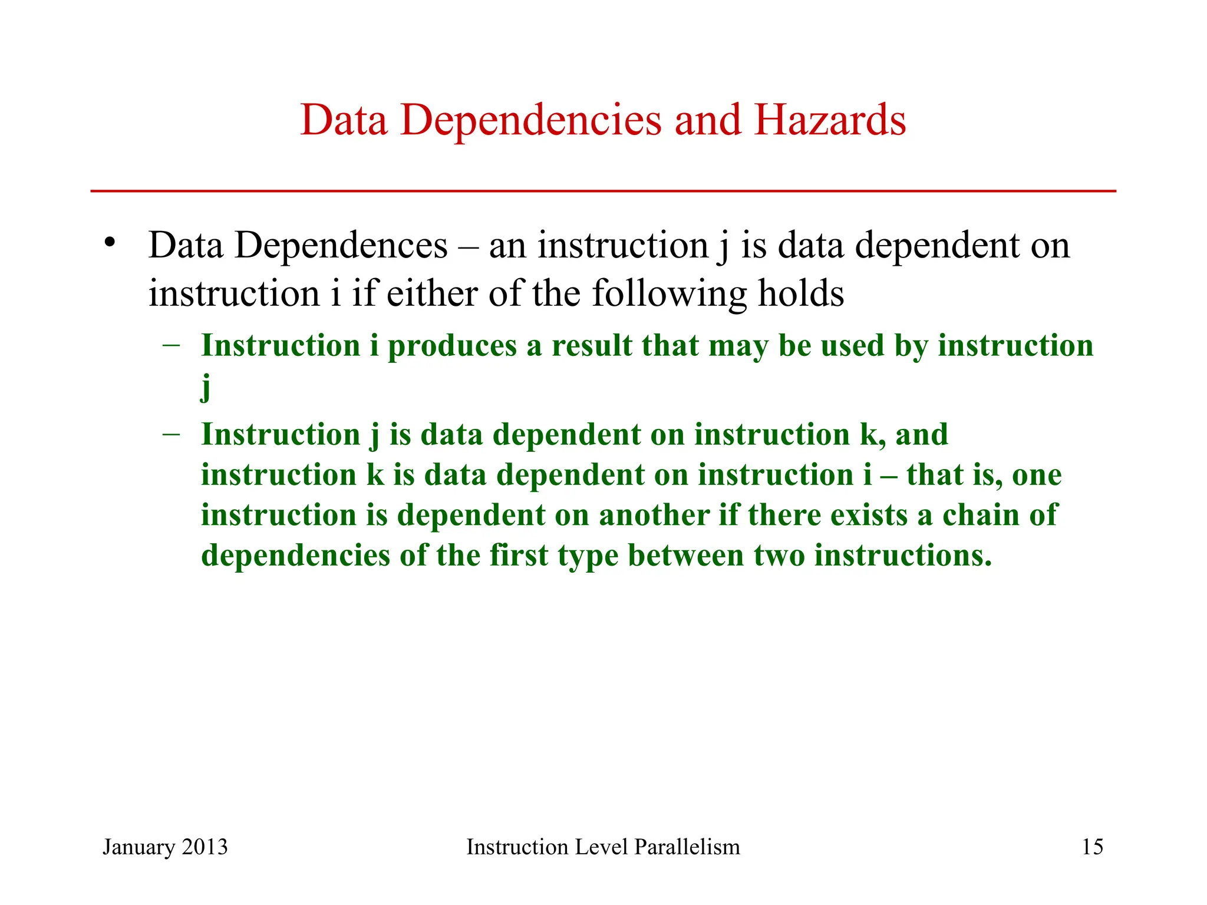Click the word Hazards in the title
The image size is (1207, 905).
(830, 120)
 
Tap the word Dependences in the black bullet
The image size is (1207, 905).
(341, 246)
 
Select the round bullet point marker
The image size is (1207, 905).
(108, 243)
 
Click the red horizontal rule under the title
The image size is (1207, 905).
(603, 191)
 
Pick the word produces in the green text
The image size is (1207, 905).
(452, 346)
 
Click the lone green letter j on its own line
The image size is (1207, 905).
(206, 387)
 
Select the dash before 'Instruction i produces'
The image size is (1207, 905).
(171, 345)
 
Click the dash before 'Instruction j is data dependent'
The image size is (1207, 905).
(171, 434)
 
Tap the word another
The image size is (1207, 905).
(654, 515)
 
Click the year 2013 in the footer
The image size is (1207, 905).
(205, 847)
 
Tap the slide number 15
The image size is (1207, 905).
(1092, 847)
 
